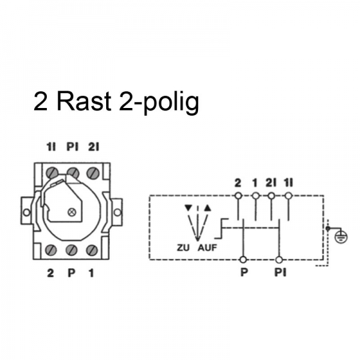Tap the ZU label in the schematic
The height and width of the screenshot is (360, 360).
tap(184, 247)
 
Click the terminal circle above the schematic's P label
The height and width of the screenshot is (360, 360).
tap(242, 259)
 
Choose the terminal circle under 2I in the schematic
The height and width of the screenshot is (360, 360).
tap(272, 196)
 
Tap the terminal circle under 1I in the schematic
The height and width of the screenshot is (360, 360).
tap(289, 196)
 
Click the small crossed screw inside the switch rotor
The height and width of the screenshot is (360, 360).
tap(73, 211)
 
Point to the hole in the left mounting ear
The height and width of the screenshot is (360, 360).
tap(26, 212)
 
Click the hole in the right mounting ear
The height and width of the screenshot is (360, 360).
tap(118, 212)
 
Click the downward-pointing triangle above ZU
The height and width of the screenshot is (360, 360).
tap(190, 208)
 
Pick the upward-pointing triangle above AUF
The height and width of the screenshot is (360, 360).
tap(208, 208)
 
